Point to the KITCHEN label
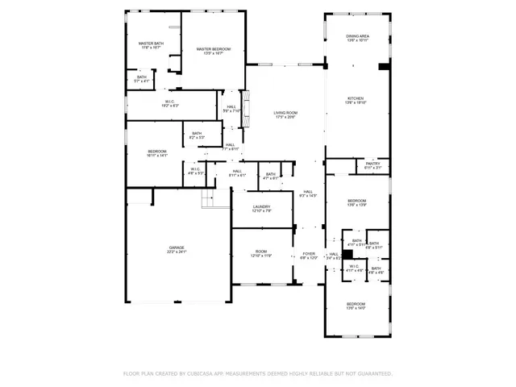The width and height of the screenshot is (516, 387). pyautogui.click(x=356, y=100)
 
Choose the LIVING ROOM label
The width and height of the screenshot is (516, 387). pyautogui.click(x=285, y=114)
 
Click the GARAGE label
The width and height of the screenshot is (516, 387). pyautogui.click(x=177, y=249)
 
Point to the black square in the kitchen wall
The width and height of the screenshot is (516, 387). pyautogui.click(x=383, y=67)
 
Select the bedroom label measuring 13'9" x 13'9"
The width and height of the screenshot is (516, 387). pyautogui.click(x=356, y=202)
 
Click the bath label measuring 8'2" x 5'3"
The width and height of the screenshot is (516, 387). pyautogui.click(x=197, y=135)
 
